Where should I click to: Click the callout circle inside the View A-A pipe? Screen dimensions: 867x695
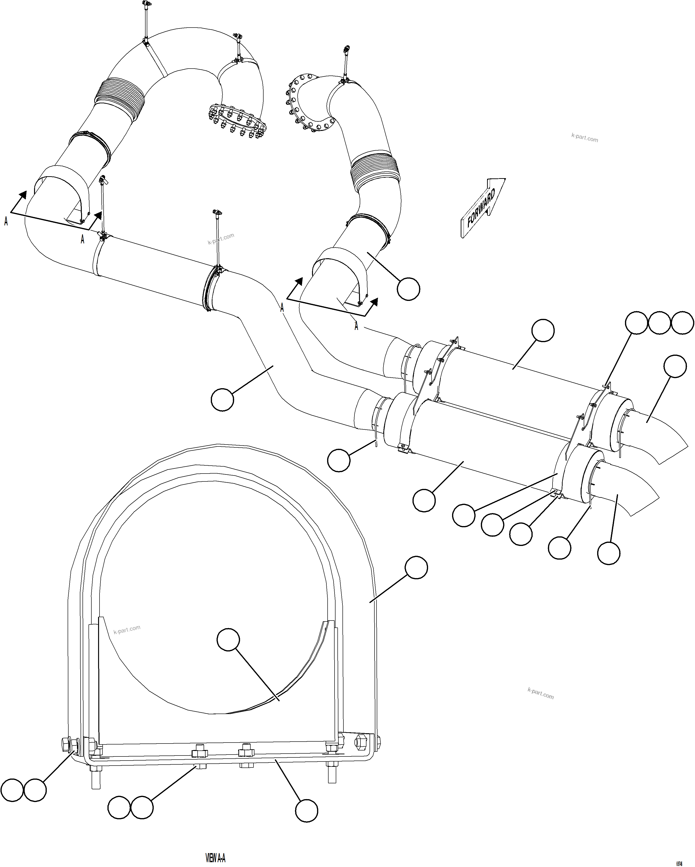pos(228,639)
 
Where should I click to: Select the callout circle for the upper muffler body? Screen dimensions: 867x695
pos(542,331)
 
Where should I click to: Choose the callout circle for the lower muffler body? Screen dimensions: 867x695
pos(424,500)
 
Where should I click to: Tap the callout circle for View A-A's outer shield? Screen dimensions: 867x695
pos(416,568)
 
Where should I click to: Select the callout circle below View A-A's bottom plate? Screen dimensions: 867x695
pos(306,810)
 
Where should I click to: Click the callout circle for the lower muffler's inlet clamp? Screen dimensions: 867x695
pos(339,460)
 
